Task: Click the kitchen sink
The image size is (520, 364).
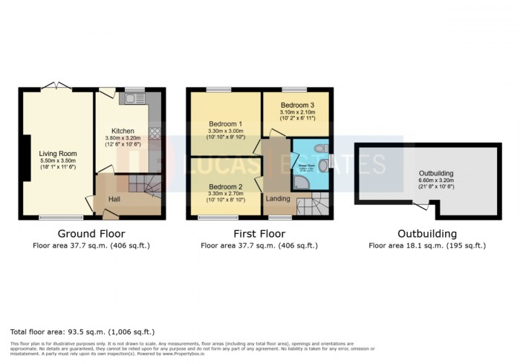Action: click(x=134, y=98)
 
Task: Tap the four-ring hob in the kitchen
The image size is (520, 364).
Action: click(x=156, y=134)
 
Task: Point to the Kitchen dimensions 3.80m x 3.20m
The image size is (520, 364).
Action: click(x=123, y=138)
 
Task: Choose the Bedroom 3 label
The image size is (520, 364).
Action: click(x=295, y=105)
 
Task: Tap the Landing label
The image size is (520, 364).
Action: click(x=278, y=198)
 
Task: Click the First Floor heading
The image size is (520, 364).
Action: click(x=259, y=233)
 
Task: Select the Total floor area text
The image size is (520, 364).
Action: click(x=82, y=331)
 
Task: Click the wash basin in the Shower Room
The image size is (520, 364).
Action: click(x=324, y=165)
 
